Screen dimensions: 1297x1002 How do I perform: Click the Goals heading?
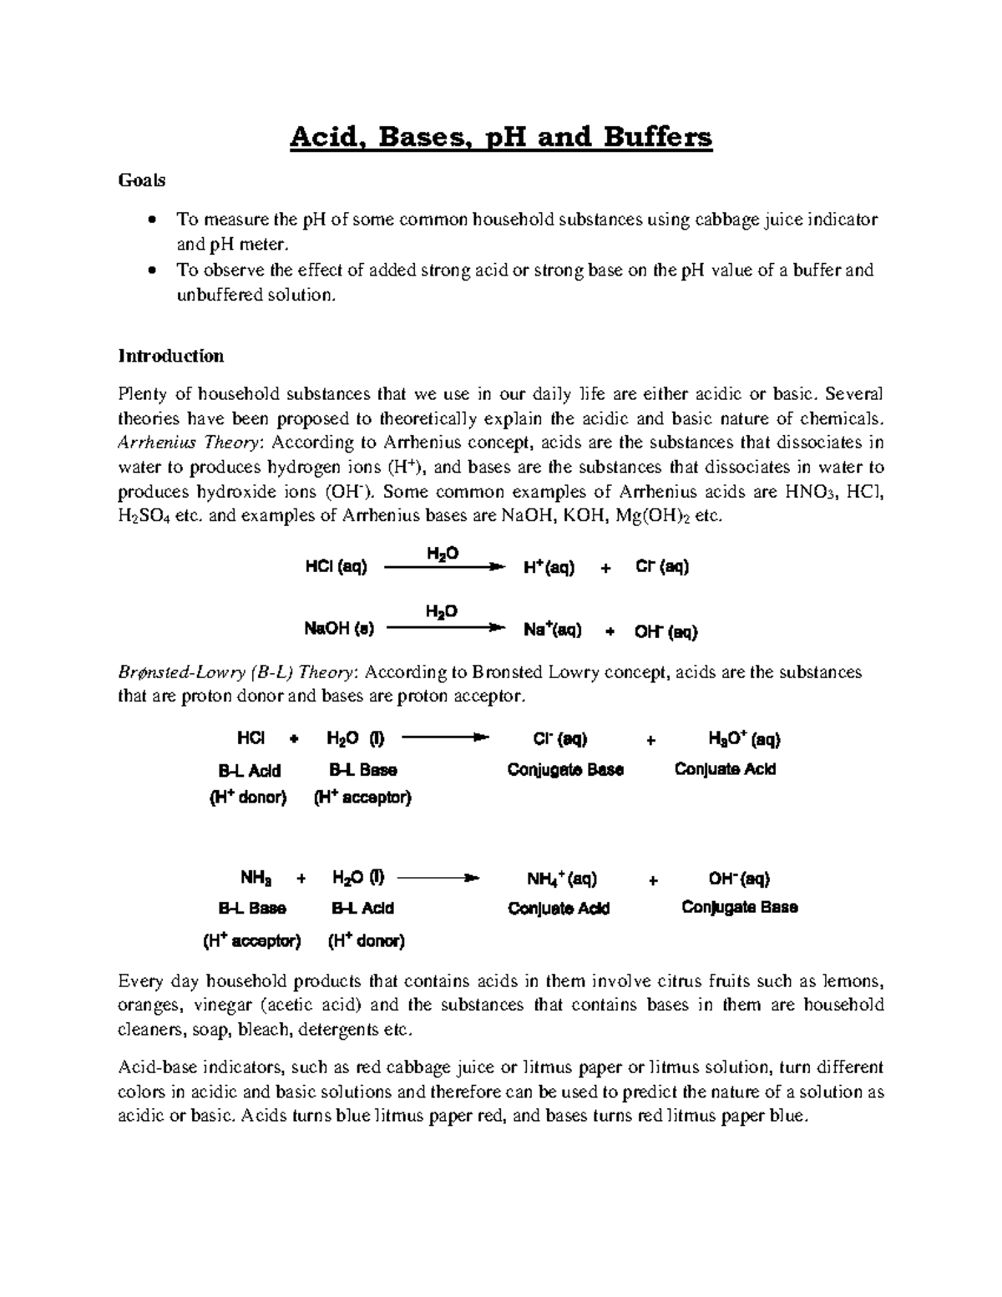click(x=141, y=180)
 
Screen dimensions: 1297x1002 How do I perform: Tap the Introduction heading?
click(x=170, y=357)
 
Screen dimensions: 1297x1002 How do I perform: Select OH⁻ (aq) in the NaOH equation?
click(x=665, y=631)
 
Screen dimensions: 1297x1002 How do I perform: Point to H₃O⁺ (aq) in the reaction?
click(x=743, y=739)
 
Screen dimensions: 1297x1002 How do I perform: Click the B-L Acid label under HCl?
click(x=249, y=770)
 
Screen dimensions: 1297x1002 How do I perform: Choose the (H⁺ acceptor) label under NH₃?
click(x=251, y=941)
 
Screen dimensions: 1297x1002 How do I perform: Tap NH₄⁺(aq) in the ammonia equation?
click(x=561, y=879)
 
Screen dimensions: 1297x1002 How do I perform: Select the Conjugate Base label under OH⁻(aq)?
click(x=739, y=907)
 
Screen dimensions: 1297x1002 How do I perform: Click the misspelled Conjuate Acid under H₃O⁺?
click(x=725, y=769)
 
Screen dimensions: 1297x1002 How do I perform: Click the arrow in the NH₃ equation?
click(x=438, y=879)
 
